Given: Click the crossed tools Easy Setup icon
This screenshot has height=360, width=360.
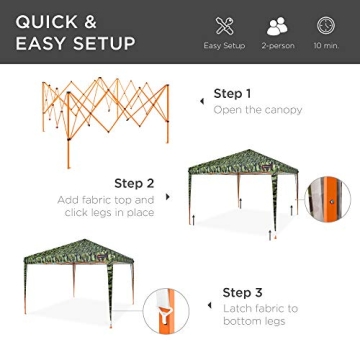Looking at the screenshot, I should tap(224, 26).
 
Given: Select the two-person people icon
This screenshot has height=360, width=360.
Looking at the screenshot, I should tap(277, 26).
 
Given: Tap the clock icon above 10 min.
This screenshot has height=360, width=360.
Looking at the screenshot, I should tap(326, 26).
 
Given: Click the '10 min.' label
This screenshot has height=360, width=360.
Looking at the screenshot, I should tap(326, 46).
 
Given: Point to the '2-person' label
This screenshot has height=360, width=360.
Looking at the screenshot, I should tap(277, 46).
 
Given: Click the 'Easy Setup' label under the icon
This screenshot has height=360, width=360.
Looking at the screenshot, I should tap(224, 46).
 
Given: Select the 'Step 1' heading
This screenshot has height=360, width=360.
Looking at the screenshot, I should tap(232, 94).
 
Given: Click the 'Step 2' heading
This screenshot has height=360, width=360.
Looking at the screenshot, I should tap(134, 183).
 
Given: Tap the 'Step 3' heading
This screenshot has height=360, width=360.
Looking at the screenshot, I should tap(242, 292).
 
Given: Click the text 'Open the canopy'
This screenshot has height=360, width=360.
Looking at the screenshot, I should tap(257, 110).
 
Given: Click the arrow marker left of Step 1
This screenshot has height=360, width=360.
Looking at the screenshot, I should tap(203, 100).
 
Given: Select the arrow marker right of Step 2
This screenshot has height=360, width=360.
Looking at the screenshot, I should tap(167, 196).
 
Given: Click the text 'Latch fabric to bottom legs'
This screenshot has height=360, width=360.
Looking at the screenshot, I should tap(259, 315).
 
